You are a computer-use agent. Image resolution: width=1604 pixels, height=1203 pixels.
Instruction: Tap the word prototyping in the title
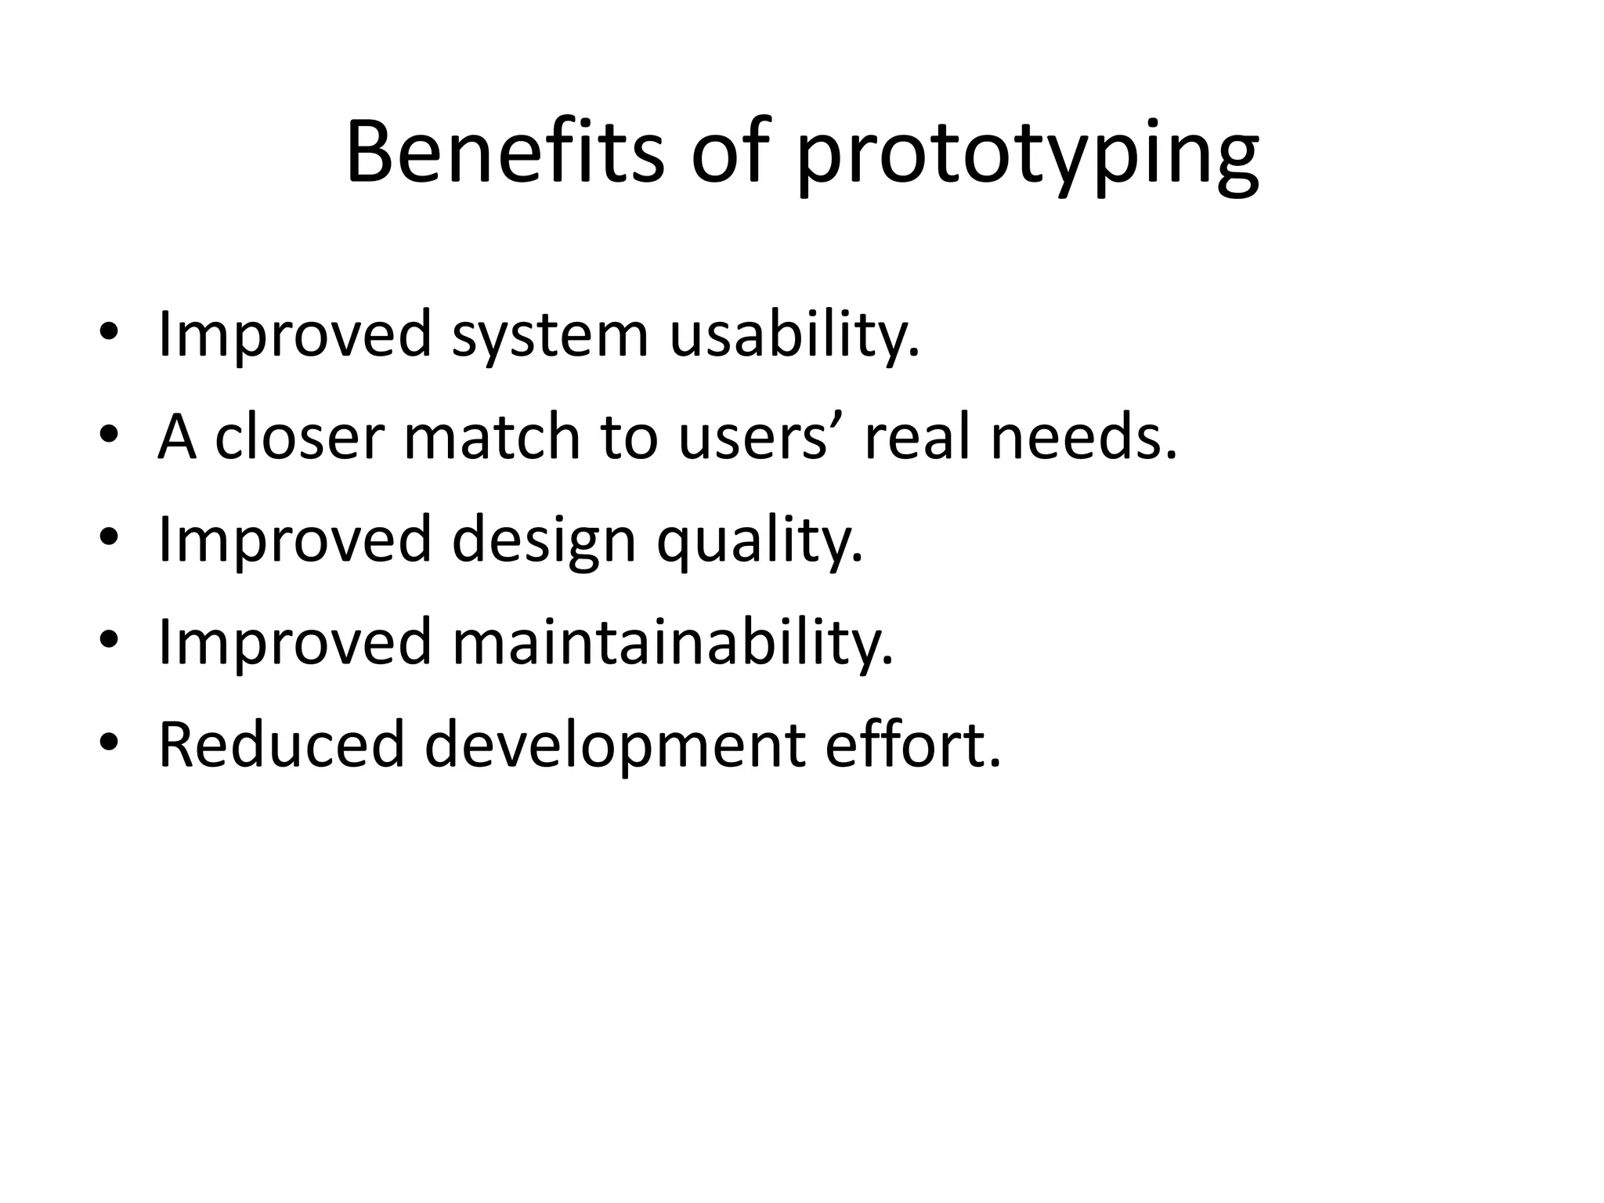[x=1028, y=157]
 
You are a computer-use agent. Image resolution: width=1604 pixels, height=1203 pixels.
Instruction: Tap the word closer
[x=300, y=437]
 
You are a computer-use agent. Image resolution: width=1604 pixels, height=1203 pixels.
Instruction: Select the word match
[x=492, y=437]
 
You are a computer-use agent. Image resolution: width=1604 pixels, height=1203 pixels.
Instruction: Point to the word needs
[x=1083, y=437]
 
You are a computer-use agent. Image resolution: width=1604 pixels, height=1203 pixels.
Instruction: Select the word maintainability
[x=672, y=642]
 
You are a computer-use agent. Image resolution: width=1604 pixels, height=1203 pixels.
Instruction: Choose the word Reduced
[x=282, y=745]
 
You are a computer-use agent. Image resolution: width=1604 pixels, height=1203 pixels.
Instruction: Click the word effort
[x=912, y=745]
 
